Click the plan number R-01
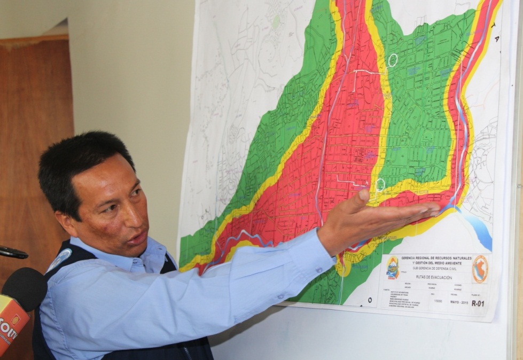click(478, 303)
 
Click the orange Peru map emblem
click(480, 269)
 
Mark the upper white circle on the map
click(393, 60)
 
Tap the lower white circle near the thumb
click(380, 185)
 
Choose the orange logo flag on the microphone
click(12, 323)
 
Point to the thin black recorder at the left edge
click(12, 253)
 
